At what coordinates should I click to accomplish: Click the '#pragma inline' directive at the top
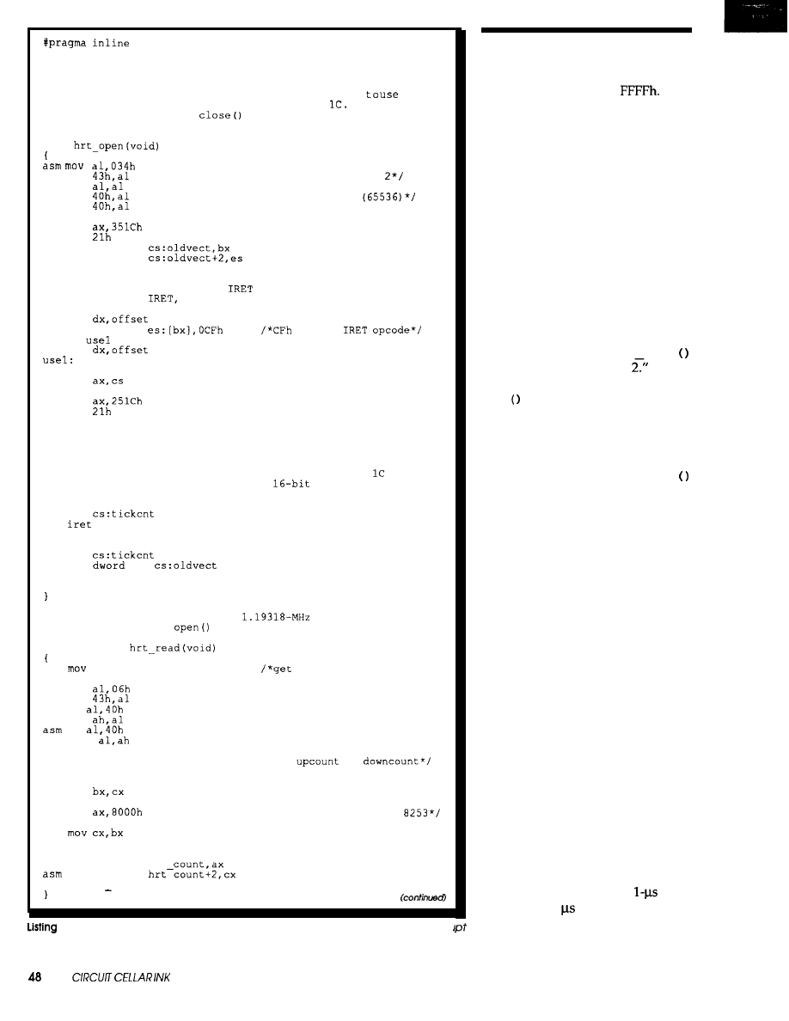pos(86,44)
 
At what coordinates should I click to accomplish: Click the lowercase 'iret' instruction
pos(79,524)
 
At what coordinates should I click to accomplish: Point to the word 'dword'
pos(109,566)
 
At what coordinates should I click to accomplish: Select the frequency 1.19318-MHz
pos(275,615)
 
